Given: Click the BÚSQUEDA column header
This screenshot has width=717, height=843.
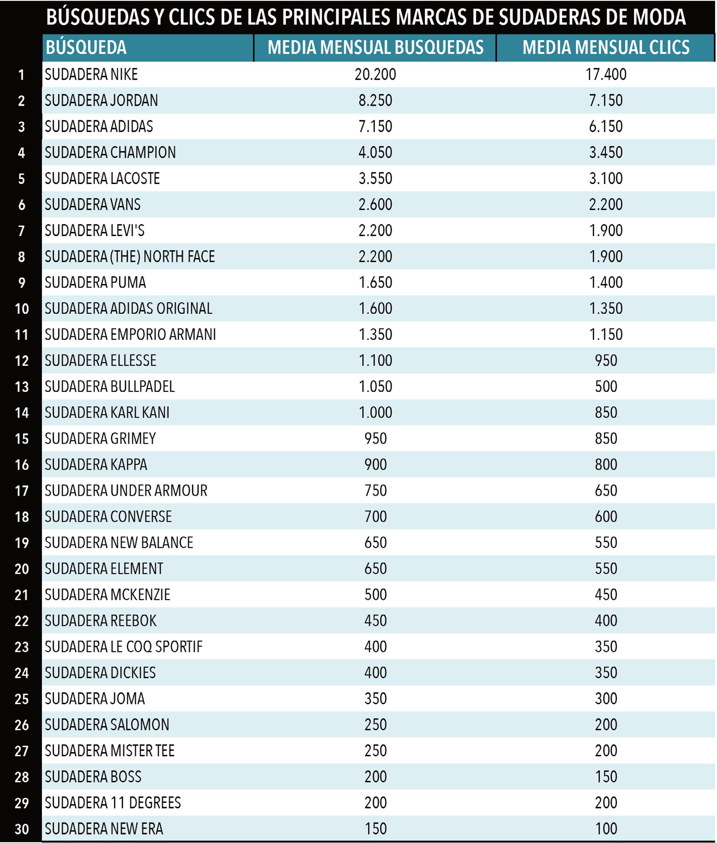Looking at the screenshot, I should tap(86, 47).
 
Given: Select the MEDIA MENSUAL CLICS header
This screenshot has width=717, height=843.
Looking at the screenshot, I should tap(606, 47).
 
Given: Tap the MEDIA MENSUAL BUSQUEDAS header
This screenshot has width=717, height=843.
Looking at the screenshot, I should tap(375, 47).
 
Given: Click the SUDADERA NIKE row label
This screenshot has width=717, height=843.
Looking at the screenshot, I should tap(91, 74).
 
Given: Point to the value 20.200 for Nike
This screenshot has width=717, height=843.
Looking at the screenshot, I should tap(375, 74).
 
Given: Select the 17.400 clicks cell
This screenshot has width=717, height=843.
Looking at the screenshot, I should tap(606, 74).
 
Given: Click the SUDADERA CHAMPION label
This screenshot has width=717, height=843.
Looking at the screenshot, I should tap(110, 153).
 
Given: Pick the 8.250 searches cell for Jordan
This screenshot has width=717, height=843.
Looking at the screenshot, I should tap(375, 100).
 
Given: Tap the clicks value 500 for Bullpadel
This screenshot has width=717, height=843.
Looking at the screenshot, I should tap(606, 387).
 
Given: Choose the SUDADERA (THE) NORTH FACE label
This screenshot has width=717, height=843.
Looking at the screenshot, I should tap(130, 257).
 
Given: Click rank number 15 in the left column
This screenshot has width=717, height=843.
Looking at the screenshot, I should tap(21, 439).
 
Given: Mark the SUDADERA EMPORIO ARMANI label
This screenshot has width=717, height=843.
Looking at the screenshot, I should tap(130, 335).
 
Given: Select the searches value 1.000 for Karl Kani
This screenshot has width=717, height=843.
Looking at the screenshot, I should tap(375, 413).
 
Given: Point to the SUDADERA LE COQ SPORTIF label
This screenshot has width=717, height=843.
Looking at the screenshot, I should tap(123, 647).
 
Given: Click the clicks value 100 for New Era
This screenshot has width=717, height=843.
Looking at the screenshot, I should tap(606, 829).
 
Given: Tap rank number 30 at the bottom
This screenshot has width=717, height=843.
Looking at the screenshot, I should tap(21, 829).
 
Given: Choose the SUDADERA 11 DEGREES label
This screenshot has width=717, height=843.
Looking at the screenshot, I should tap(113, 803).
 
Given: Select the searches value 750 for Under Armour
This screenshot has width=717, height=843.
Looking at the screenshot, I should tap(375, 491).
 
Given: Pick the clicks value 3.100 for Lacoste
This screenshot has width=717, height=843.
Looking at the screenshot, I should tap(606, 179).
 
